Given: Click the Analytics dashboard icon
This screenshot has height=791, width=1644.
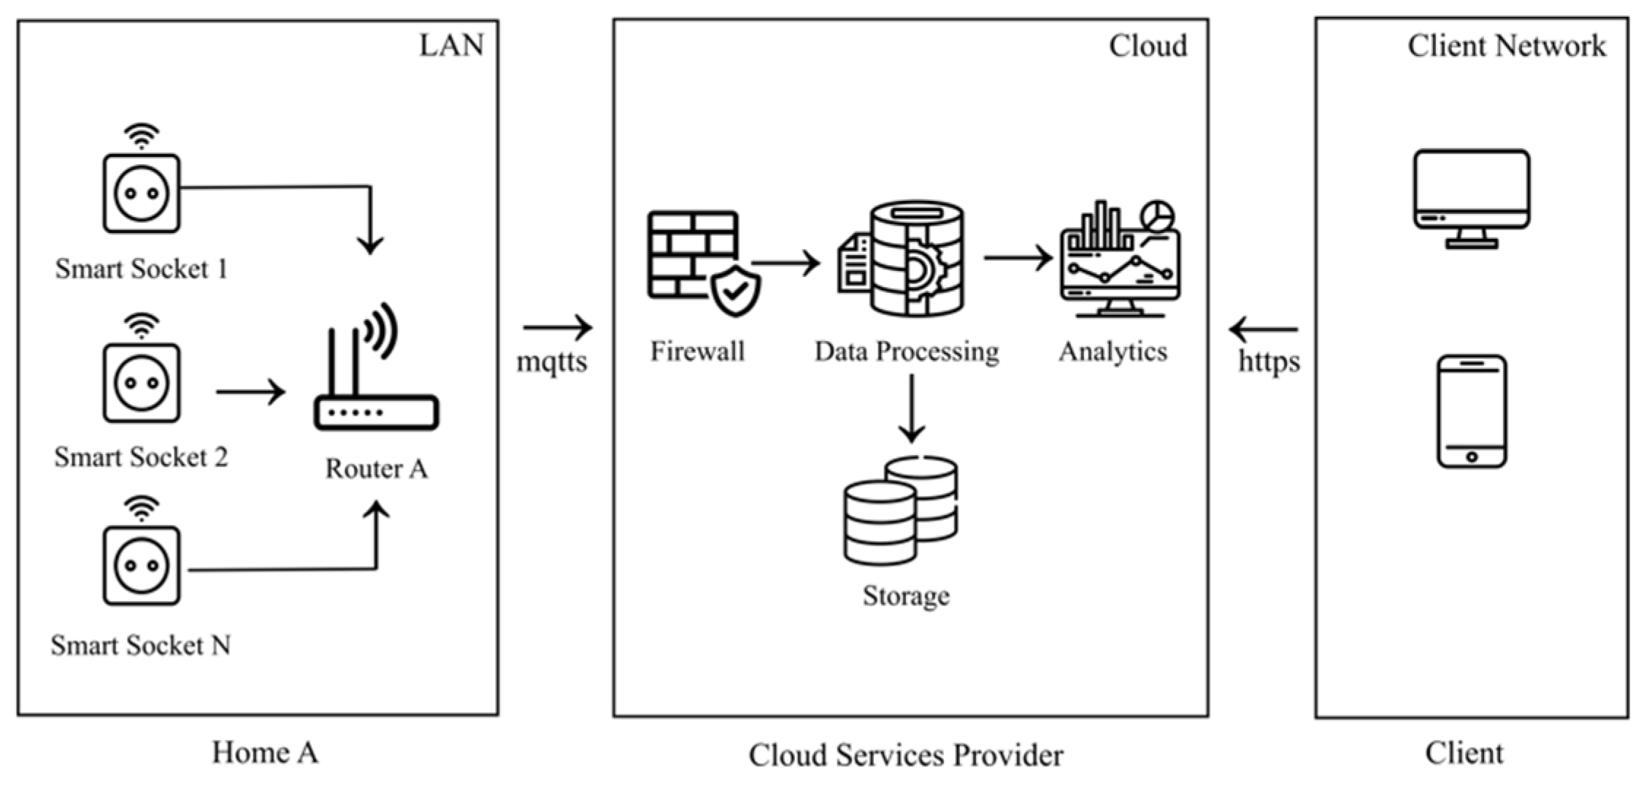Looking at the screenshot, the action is [1120, 259].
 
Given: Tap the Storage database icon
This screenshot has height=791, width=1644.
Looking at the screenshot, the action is [900, 511].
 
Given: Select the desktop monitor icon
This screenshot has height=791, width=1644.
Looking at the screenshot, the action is [1471, 199].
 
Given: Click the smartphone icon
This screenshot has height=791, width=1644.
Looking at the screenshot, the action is [1472, 411].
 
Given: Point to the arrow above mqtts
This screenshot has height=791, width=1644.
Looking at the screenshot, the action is [557, 328].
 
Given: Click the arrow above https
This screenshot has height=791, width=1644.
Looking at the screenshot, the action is [1264, 329].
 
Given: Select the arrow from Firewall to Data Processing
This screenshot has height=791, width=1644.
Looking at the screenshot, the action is [785, 263].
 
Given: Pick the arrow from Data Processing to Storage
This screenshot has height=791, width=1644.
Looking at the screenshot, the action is [911, 408].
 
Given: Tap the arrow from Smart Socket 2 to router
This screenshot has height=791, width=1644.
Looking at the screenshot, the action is [250, 392].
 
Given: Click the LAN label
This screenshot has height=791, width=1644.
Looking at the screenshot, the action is [451, 45].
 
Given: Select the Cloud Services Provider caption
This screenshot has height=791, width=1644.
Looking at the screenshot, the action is [906, 755].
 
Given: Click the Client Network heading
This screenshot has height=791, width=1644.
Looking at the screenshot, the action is [1507, 46].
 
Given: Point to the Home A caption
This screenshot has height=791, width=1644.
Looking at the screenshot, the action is [265, 752].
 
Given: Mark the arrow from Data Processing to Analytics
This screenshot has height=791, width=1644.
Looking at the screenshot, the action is [1018, 258].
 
